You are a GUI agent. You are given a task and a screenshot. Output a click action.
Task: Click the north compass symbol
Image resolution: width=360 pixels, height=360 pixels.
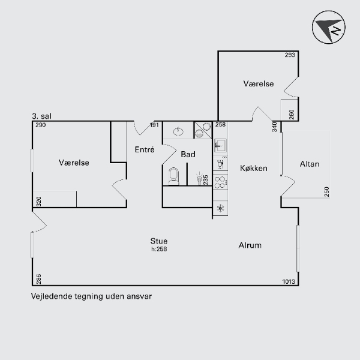point(329,27)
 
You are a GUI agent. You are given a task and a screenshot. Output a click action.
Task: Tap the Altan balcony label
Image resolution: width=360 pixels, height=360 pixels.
point(310,164)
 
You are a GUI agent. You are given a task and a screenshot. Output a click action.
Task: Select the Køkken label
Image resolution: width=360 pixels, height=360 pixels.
point(254,168)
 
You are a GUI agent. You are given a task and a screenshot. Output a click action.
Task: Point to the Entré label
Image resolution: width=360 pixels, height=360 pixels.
point(145,149)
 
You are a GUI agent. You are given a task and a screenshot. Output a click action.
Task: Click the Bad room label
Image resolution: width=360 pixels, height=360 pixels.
point(188,154)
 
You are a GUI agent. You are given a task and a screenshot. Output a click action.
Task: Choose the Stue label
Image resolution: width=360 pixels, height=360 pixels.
point(159,241)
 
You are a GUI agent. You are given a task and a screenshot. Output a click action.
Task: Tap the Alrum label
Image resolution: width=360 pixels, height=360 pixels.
point(250,245)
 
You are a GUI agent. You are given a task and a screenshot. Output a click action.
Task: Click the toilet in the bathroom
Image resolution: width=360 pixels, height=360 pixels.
point(174,176)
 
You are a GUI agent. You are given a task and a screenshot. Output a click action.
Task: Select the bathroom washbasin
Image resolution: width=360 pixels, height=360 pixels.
point(178,131)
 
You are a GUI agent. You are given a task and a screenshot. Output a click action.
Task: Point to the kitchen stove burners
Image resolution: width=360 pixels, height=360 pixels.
point(220,182)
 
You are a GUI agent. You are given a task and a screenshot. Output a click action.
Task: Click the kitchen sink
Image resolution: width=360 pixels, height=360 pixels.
point(220,145)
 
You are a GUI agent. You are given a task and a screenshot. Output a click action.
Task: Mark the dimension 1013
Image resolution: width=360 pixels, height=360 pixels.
point(289,281)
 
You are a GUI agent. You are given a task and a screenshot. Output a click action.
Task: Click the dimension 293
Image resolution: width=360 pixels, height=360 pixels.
point(290,55)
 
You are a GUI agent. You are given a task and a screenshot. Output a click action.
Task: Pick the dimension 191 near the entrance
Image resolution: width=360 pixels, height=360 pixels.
point(154,125)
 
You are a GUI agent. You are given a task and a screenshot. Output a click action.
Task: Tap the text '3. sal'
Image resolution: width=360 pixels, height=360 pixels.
point(41,116)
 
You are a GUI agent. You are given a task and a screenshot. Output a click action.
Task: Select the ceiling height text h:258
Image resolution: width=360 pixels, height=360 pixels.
point(159,249)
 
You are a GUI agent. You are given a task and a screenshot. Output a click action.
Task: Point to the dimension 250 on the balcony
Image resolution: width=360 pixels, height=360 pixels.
point(327,192)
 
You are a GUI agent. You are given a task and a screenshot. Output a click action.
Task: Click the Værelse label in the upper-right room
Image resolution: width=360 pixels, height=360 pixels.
point(259,84)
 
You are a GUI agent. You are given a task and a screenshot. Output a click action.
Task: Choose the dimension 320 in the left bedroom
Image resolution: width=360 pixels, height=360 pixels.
point(39,202)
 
